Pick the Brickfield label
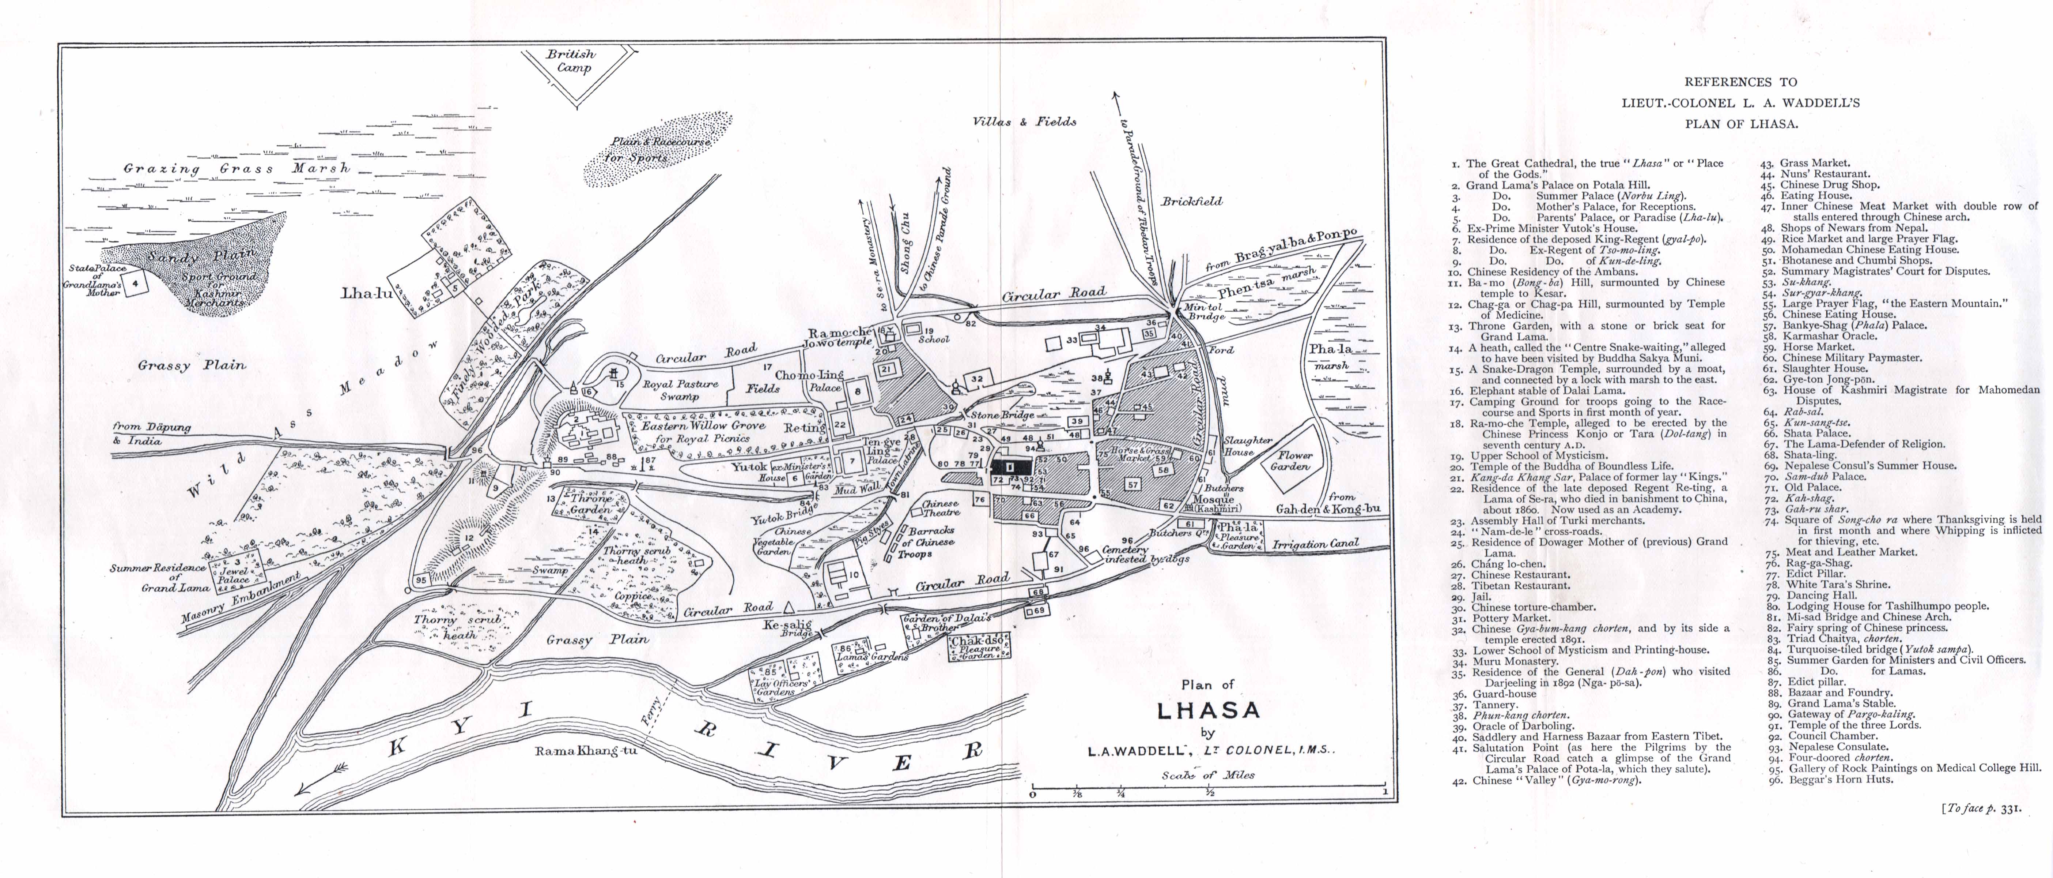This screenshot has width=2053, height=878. click(1191, 202)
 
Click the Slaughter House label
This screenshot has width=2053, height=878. click(1247, 446)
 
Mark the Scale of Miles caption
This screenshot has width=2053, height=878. click(1207, 774)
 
